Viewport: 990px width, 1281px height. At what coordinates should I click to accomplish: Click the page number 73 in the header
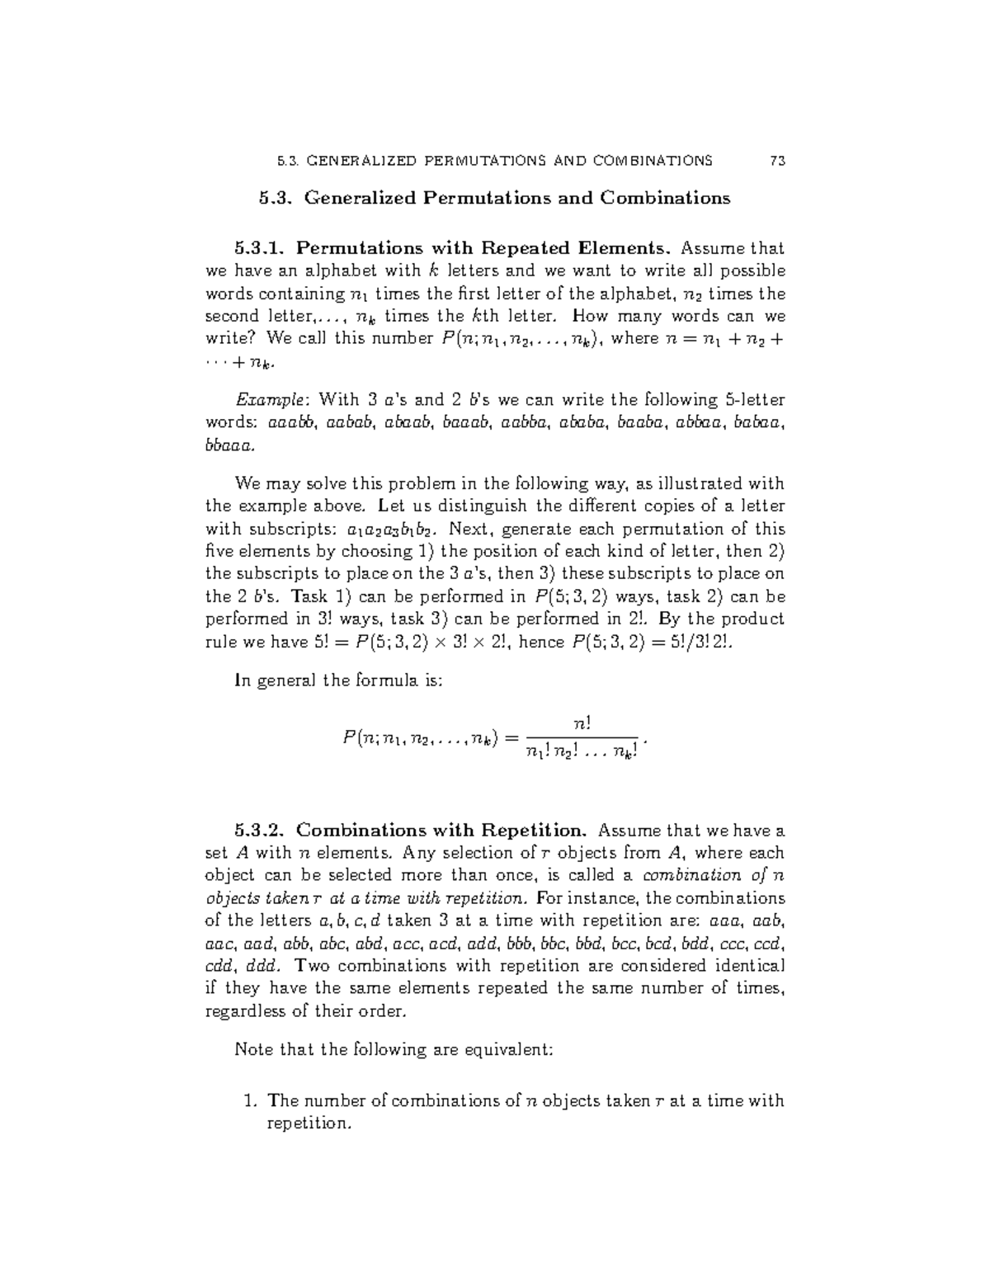click(x=776, y=161)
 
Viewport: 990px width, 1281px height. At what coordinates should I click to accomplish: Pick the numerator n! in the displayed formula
click(x=582, y=723)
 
